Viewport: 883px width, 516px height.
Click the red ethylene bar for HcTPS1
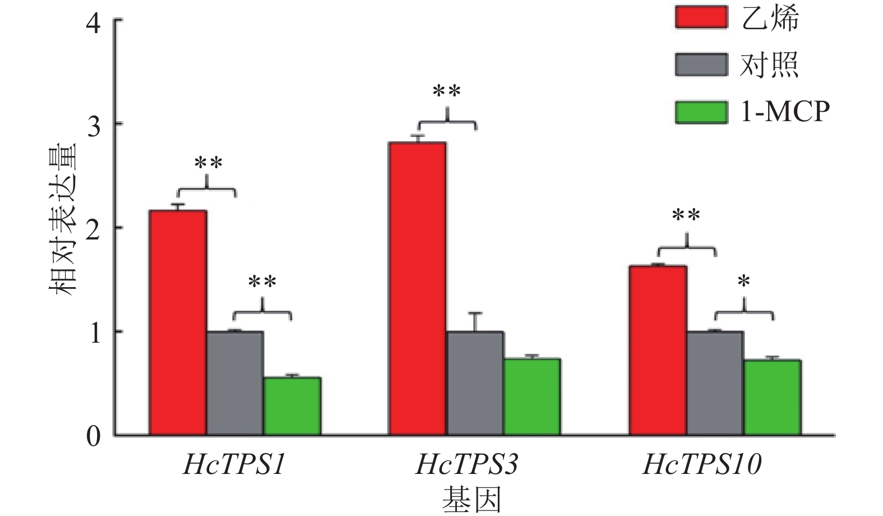click(178, 322)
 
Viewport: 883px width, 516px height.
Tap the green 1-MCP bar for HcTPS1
click(292, 406)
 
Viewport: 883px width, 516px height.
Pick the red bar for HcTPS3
click(418, 289)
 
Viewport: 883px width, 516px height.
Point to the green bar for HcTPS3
click(532, 397)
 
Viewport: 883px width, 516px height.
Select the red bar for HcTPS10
click(658, 350)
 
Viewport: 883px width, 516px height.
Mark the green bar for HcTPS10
click(772, 397)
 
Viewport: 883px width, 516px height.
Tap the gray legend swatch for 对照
click(701, 64)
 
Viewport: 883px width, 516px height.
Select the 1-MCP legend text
click(785, 112)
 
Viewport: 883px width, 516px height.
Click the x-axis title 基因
click(471, 499)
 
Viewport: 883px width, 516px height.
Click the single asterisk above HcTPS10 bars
click(744, 282)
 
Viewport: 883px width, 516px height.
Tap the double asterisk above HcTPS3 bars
click(447, 91)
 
